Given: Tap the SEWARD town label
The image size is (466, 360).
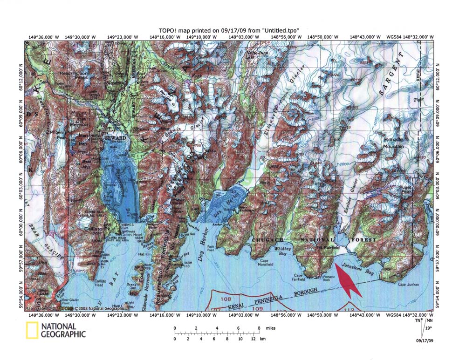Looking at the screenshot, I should coord(115,138).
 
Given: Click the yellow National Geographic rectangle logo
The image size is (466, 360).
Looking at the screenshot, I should coord(31,330).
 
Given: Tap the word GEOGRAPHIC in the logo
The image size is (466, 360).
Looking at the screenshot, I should coord(63,334).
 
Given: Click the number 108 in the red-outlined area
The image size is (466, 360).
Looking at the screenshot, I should coord(226,299).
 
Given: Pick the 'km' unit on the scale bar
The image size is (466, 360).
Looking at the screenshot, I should coord(262,339).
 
